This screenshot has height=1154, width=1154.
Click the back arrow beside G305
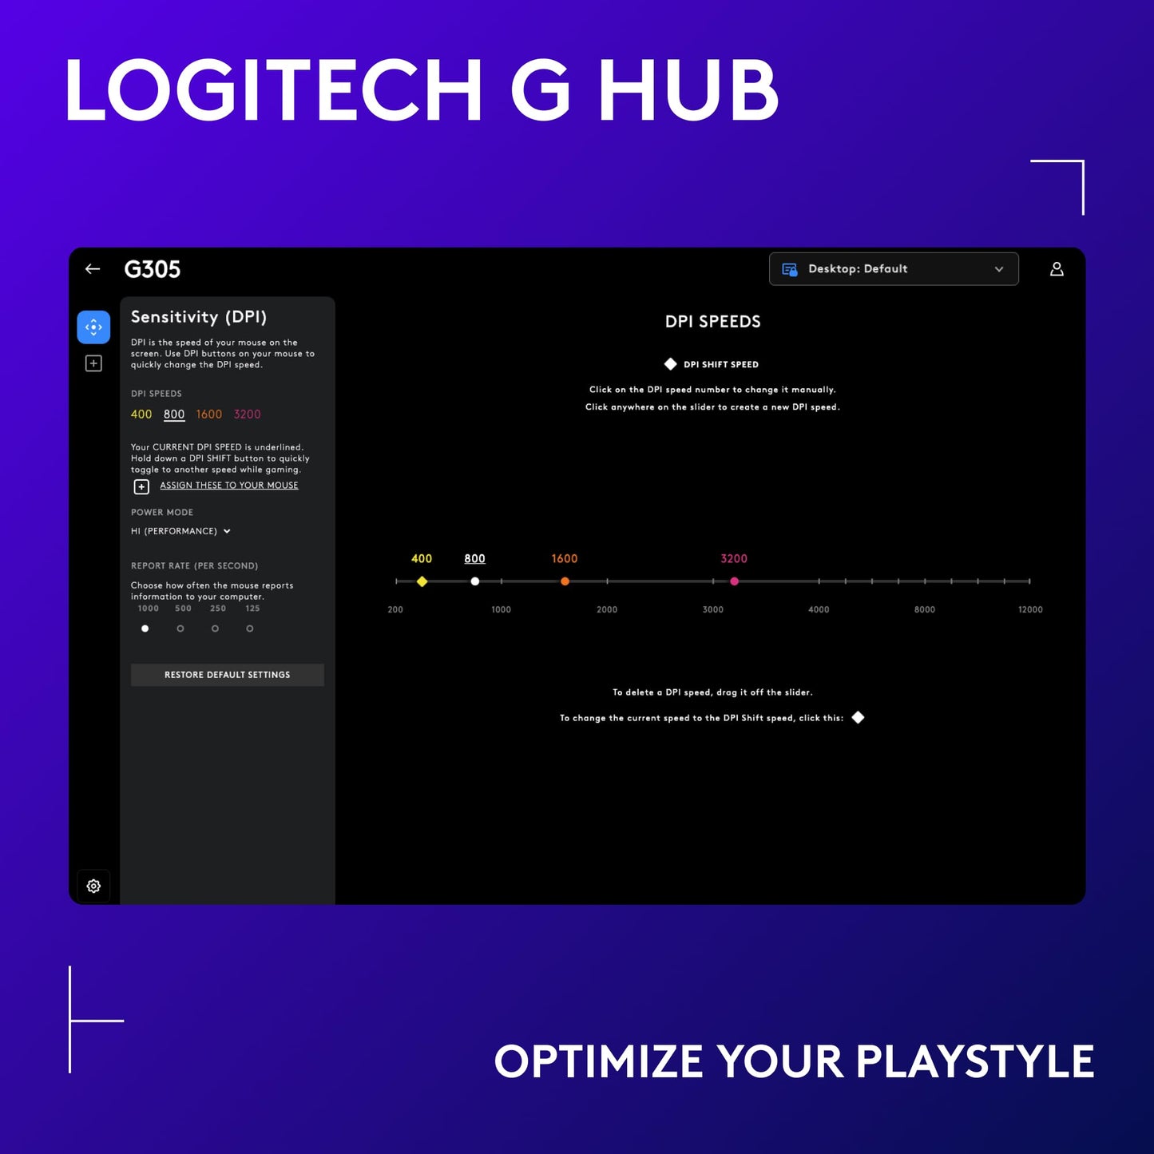(x=93, y=269)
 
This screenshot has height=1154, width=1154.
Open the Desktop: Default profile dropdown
(x=893, y=269)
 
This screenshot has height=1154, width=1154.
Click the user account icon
(x=1056, y=269)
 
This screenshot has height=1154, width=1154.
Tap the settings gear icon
(x=93, y=886)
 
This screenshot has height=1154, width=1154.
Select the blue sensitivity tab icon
(x=93, y=327)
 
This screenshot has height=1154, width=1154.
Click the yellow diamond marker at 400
(x=422, y=581)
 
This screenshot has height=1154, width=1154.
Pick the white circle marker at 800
(x=475, y=581)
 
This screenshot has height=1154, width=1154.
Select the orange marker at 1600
(x=565, y=581)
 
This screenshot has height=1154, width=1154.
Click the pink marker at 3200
(x=734, y=581)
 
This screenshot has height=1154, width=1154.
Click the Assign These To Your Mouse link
(x=228, y=486)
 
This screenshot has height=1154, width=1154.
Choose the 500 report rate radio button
(x=180, y=629)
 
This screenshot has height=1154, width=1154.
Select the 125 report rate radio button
(x=250, y=629)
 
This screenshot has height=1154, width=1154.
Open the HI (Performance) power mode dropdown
(x=181, y=531)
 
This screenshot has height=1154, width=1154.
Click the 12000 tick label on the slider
(x=1029, y=609)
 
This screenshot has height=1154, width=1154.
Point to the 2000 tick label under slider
(x=607, y=609)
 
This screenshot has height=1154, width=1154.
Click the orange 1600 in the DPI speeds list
(x=209, y=414)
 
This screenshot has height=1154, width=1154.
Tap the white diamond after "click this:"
(x=858, y=717)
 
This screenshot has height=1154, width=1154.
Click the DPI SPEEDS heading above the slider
(x=712, y=322)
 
